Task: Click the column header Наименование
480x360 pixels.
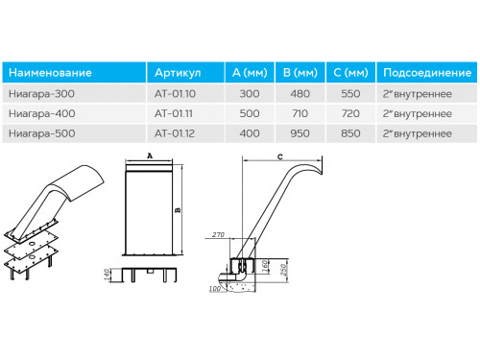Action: [50, 73]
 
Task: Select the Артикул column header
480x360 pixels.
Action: [178, 73]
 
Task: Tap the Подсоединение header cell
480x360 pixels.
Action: [427, 73]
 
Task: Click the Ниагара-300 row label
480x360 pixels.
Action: [41, 94]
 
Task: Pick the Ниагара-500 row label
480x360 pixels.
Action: [42, 133]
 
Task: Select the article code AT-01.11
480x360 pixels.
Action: [174, 113]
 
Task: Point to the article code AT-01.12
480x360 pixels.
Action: [175, 133]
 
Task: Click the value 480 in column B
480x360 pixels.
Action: [300, 94]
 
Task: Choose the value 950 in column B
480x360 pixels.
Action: [300, 133]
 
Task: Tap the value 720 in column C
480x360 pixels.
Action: [350, 113]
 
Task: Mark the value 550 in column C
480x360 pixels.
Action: [350, 94]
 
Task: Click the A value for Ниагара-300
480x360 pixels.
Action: [250, 94]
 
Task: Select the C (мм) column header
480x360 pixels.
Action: [350, 73]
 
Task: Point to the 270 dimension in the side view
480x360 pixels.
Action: [218, 235]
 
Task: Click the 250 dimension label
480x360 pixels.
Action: [284, 269]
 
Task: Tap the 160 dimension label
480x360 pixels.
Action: [265, 266]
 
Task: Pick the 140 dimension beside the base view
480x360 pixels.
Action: [107, 275]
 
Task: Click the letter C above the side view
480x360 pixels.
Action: [280, 156]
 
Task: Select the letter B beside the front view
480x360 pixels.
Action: [178, 210]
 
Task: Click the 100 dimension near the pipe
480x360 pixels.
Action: [214, 289]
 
